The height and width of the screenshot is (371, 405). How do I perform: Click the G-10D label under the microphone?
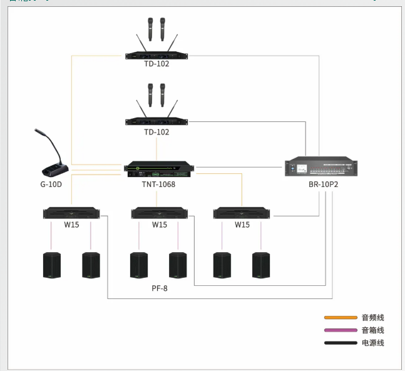[x=51, y=185]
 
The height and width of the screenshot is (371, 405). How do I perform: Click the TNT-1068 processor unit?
[x=159, y=168]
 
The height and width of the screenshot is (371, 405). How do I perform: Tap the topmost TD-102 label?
[x=156, y=64]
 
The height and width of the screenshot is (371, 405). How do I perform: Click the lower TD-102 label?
[x=156, y=132]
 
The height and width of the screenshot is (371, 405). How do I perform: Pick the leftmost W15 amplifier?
[x=71, y=213]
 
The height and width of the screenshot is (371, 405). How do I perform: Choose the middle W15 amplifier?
[x=159, y=213]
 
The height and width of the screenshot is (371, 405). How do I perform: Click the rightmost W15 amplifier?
[x=242, y=213]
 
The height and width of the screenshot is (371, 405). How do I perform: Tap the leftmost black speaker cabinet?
[x=52, y=265]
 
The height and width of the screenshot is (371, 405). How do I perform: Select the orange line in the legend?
[x=341, y=318]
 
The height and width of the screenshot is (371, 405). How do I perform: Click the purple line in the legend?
[x=341, y=330]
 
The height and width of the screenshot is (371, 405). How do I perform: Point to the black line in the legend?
[x=341, y=343]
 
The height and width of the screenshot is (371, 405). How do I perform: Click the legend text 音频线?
[x=373, y=318]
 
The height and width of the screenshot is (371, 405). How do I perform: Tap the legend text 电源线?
[x=373, y=343]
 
